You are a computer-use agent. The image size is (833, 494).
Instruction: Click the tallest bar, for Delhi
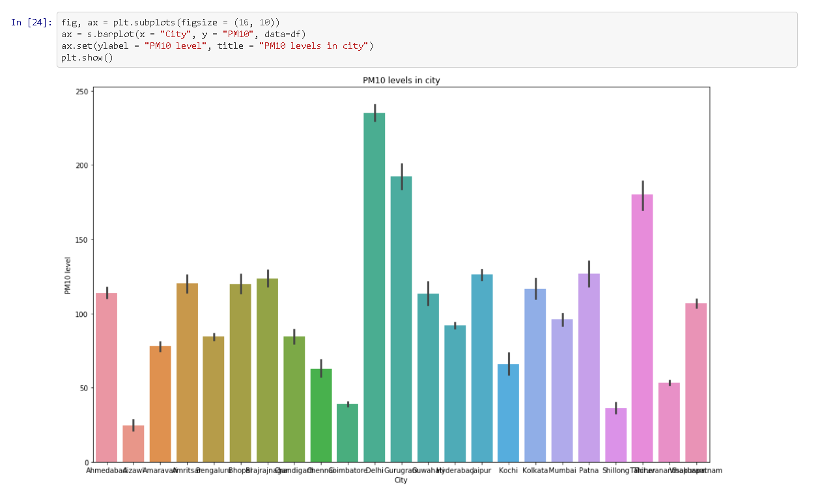click(374, 286)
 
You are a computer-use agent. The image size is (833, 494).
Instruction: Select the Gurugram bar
click(401, 319)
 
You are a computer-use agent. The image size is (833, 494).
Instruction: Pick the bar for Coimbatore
click(348, 433)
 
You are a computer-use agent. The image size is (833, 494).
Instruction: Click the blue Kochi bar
click(509, 413)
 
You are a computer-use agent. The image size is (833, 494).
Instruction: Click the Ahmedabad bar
click(107, 377)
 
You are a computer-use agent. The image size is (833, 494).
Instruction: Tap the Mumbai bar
click(562, 391)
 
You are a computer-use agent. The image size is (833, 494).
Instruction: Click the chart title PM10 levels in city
click(401, 81)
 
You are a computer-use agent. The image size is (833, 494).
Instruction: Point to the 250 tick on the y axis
click(81, 92)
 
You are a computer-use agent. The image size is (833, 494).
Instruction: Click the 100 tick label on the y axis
click(81, 314)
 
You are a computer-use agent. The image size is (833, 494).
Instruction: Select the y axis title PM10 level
click(68, 275)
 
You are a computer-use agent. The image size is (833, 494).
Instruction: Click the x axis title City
click(401, 480)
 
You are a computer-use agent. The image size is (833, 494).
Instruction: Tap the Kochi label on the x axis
click(509, 470)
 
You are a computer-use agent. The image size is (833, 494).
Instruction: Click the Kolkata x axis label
click(535, 470)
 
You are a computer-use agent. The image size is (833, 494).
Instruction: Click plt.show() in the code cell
click(87, 57)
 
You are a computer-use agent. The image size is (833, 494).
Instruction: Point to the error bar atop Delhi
click(375, 113)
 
